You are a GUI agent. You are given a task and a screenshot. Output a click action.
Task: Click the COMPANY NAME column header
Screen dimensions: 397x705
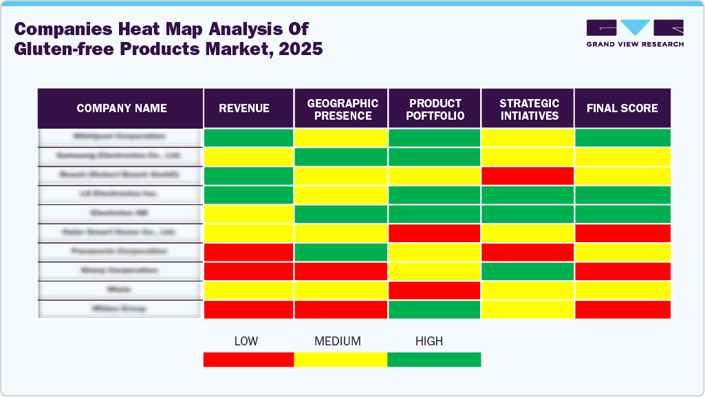(x=121, y=108)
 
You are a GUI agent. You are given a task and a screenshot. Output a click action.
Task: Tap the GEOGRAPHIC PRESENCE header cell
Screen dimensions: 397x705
(x=342, y=109)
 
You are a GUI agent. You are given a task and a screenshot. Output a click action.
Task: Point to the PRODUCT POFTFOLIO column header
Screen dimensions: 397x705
(x=435, y=109)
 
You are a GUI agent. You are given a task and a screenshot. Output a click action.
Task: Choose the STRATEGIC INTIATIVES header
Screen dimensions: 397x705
(x=528, y=109)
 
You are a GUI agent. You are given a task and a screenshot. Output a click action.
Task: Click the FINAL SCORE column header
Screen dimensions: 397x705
(x=622, y=108)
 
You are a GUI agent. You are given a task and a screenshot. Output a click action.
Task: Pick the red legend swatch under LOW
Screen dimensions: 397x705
(x=248, y=359)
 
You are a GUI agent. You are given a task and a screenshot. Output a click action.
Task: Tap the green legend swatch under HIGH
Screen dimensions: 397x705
(x=434, y=359)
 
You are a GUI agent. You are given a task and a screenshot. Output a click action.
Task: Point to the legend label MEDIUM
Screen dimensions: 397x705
(x=337, y=341)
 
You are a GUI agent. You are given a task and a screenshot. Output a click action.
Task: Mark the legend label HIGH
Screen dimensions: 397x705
(x=429, y=341)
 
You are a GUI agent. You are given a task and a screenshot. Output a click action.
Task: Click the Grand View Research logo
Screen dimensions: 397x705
(x=635, y=33)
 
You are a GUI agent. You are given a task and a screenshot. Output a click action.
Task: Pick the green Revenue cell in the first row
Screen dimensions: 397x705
(x=248, y=137)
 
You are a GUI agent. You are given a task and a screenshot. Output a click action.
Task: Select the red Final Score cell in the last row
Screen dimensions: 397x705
(x=622, y=310)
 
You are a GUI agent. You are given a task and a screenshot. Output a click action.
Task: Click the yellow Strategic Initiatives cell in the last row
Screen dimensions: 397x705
(x=528, y=310)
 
